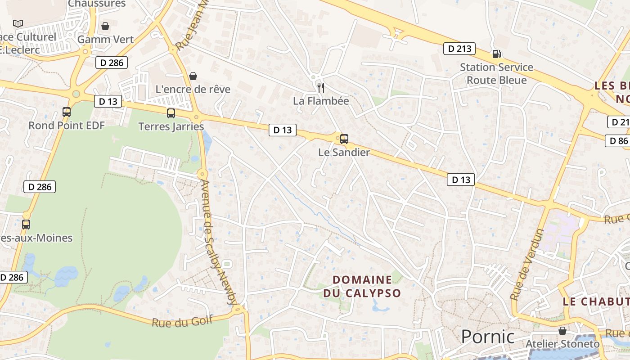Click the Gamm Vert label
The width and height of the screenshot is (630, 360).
[106, 40]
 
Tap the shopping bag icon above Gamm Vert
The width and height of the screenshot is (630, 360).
[105, 26]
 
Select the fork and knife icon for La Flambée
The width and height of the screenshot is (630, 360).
[320, 87]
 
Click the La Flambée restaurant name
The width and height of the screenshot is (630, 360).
[321, 101]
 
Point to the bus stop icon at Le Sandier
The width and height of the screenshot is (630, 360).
[344, 139]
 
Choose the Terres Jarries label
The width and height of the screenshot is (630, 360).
[171, 126]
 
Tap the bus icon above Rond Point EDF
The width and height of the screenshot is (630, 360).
[67, 112]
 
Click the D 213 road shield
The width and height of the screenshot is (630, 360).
[459, 49]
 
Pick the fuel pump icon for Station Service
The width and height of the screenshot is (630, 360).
[496, 54]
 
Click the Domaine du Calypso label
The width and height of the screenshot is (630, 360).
[362, 286]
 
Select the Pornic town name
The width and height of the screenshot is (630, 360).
[488, 337]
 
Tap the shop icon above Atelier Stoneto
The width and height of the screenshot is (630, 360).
[562, 331]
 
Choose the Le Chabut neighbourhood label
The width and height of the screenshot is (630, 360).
[596, 301]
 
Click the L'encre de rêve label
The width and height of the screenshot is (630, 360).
[193, 89]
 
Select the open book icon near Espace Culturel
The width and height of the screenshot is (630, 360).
[18, 23]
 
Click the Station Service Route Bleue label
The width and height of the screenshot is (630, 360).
[496, 74]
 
